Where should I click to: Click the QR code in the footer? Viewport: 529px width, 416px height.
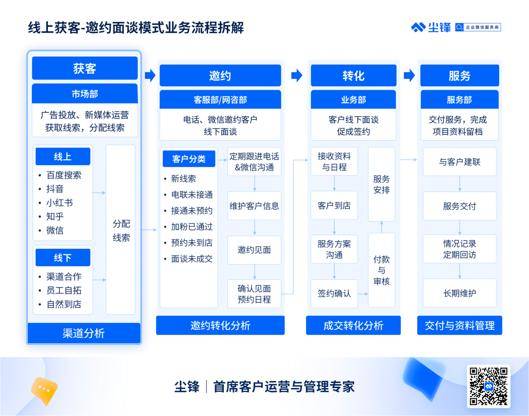(488, 386)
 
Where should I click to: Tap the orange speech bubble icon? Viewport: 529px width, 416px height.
(44, 391)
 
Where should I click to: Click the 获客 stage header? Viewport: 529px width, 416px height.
(85, 68)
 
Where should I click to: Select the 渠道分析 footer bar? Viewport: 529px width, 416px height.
(84, 333)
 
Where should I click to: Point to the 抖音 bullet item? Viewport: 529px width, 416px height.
(55, 189)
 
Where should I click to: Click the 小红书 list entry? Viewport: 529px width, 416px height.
(59, 203)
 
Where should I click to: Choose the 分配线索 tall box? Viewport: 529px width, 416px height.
(121, 230)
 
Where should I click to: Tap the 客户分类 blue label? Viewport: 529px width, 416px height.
(189, 159)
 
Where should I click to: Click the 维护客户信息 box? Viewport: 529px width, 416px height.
(254, 206)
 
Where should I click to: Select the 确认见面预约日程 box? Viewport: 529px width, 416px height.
(254, 294)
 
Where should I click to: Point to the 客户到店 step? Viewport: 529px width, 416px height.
(335, 205)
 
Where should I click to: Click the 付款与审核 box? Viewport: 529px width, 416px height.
(382, 270)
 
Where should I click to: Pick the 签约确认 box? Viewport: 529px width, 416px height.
(335, 294)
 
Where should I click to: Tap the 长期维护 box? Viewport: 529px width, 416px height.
(459, 293)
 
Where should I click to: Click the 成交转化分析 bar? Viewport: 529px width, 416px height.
(353, 325)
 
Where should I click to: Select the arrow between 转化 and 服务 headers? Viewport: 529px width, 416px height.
(409, 75)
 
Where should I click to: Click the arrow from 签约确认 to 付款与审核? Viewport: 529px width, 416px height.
(363, 294)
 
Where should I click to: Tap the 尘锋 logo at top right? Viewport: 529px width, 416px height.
(431, 27)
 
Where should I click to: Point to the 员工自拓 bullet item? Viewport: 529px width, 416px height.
(64, 291)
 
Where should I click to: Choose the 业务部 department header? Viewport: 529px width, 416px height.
(353, 99)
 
